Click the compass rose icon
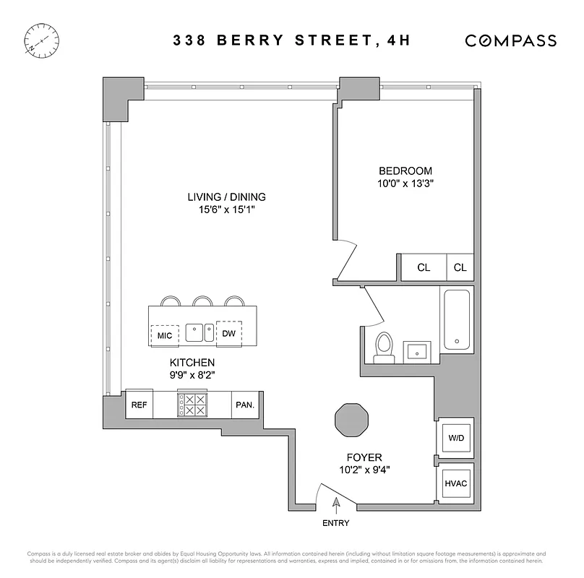click(x=41, y=39)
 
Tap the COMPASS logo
click(x=510, y=40)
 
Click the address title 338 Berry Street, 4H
click(x=291, y=40)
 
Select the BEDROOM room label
click(x=405, y=171)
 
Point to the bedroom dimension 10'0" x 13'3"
click(x=405, y=184)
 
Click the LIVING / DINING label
click(x=226, y=197)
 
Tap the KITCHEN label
click(x=192, y=362)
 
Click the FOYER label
click(x=364, y=457)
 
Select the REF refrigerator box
click(x=139, y=405)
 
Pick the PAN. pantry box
click(x=244, y=405)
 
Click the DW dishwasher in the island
click(x=228, y=333)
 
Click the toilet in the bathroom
click(x=384, y=348)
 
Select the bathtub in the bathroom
click(x=456, y=319)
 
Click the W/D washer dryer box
click(x=456, y=437)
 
